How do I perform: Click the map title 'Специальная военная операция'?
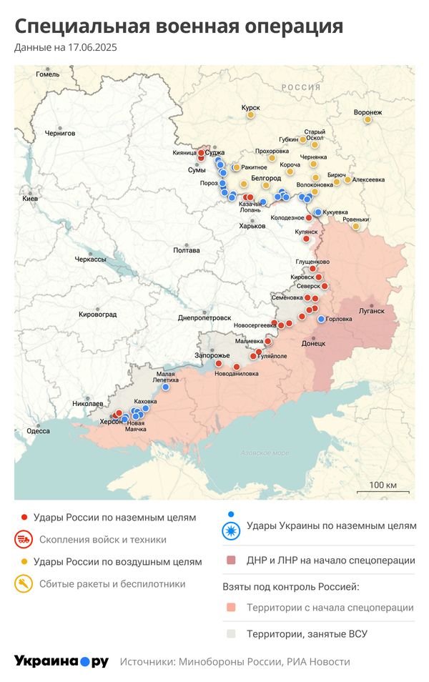pyautogui.click(x=179, y=27)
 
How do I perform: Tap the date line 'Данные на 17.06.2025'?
pyautogui.click(x=66, y=48)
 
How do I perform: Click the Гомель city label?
pyautogui.click(x=48, y=74)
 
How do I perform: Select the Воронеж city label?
pyautogui.click(x=368, y=112)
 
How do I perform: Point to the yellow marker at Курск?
pyautogui.click(x=251, y=114)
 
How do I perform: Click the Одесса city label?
pyautogui.click(x=38, y=430)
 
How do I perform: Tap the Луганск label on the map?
pyautogui.click(x=371, y=311)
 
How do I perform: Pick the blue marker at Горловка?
pyautogui.click(x=322, y=319)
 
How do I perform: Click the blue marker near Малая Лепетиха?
pyautogui.click(x=166, y=387)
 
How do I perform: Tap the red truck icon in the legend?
pyautogui.click(x=24, y=540)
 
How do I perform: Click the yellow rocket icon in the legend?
pyautogui.click(x=24, y=584)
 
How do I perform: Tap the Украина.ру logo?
pyautogui.click(x=61, y=661)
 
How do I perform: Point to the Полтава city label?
pyautogui.click(x=187, y=250)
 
